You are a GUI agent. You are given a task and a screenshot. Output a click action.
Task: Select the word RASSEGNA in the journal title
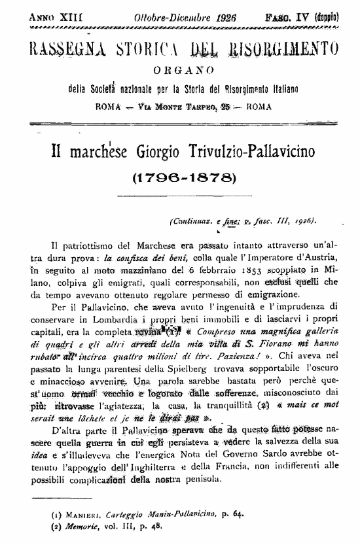61,49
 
